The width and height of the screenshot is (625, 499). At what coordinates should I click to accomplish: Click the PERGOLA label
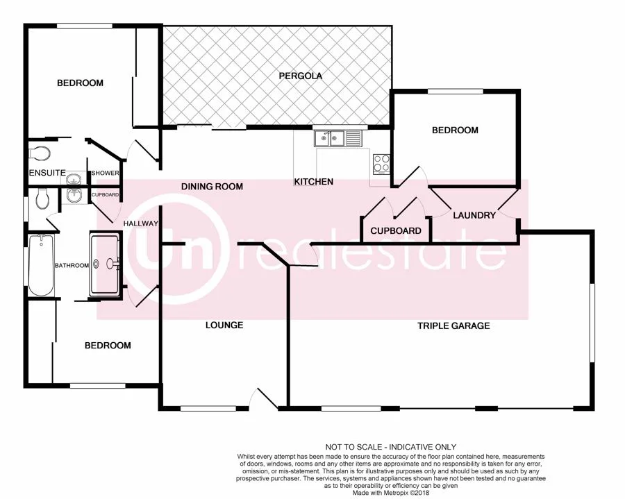(x=300, y=76)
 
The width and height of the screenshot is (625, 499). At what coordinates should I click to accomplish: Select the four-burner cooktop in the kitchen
(x=382, y=163)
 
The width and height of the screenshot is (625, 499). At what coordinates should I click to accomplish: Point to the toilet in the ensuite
(x=37, y=152)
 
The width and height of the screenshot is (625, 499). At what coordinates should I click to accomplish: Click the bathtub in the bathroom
(x=41, y=264)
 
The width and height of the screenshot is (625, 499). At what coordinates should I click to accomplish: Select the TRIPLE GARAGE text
(x=453, y=325)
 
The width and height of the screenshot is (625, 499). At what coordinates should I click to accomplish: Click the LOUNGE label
(x=224, y=325)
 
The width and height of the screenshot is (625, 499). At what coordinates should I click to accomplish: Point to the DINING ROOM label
(x=212, y=186)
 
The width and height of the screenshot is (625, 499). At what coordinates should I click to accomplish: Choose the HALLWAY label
(x=141, y=223)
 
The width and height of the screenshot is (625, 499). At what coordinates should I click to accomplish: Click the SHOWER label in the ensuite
(x=105, y=174)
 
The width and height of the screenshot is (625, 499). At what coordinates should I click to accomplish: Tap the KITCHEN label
(x=314, y=182)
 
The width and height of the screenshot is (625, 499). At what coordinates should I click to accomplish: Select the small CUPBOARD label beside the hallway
(x=106, y=194)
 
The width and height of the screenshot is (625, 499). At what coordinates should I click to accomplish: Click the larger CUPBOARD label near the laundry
(x=395, y=230)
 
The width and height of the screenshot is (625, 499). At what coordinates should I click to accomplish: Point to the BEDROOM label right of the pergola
(x=455, y=130)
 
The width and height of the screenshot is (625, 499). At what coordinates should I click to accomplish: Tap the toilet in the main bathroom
(x=42, y=199)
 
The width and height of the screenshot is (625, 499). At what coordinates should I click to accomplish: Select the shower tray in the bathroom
(x=105, y=264)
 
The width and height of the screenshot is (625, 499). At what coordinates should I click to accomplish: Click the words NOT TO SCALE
(x=356, y=447)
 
